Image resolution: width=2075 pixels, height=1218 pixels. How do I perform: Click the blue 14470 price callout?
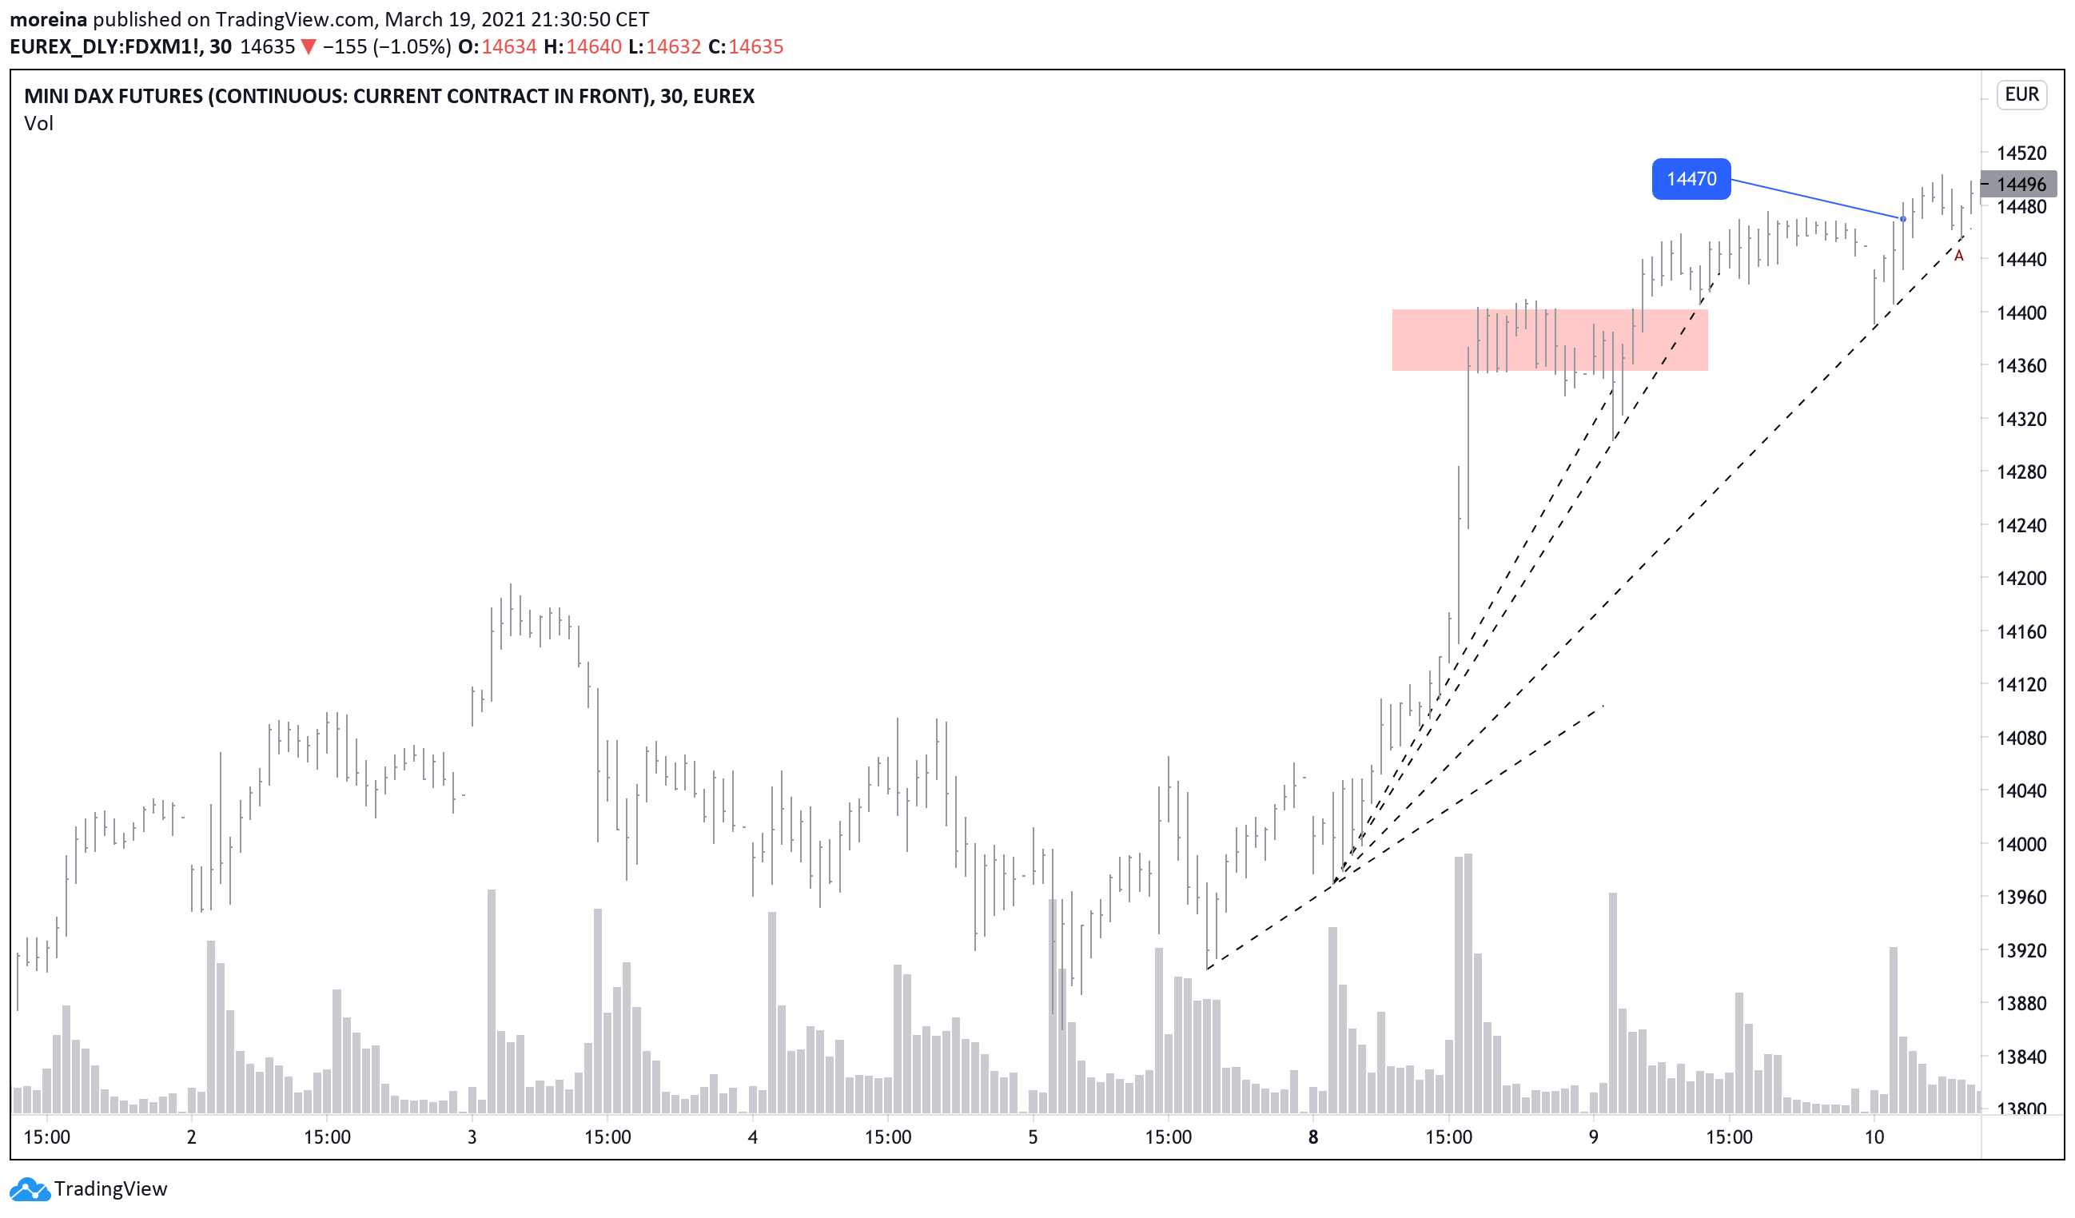tap(1691, 179)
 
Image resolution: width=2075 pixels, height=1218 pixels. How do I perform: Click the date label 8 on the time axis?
tap(1312, 1137)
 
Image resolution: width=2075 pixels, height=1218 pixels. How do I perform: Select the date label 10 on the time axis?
tap(1874, 1137)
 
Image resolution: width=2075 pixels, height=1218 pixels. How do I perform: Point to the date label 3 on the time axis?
tap(472, 1137)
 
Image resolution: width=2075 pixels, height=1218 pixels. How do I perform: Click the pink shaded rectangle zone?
tap(1549, 340)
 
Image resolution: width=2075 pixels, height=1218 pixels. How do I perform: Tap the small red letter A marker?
tap(1958, 256)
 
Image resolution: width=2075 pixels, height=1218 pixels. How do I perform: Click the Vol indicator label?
tap(38, 124)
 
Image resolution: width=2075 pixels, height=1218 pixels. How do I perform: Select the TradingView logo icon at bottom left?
tap(30, 1188)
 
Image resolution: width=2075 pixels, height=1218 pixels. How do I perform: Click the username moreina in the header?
tap(48, 19)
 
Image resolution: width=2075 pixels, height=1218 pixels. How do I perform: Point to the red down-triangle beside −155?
tap(308, 47)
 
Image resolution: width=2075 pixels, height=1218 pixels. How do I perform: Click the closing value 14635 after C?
tap(755, 47)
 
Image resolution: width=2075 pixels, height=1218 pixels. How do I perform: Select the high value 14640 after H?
tap(594, 47)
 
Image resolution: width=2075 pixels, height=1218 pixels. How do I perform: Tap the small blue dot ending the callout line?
tap(1902, 219)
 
